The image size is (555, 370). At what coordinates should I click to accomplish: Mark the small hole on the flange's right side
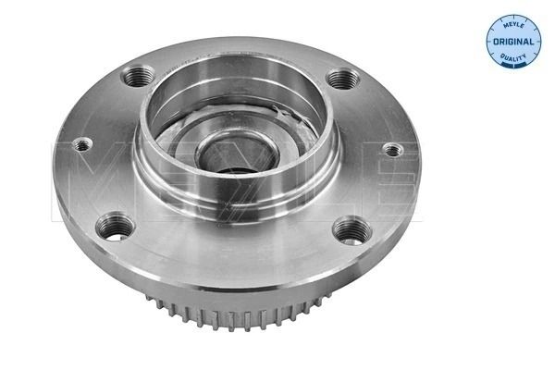391,149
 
